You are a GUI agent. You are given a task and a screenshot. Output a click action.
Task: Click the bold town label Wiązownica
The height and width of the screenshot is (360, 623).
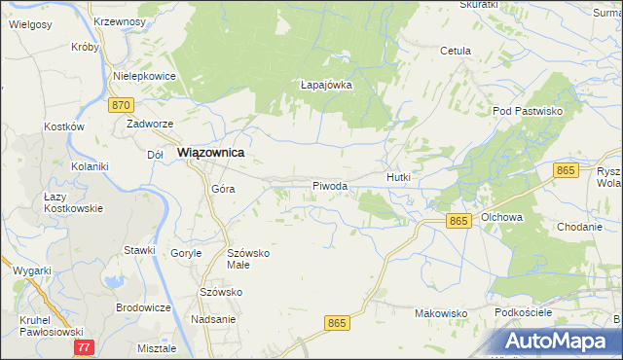pos(209,154)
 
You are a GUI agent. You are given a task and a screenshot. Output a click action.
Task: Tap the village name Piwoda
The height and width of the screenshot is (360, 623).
pos(329,186)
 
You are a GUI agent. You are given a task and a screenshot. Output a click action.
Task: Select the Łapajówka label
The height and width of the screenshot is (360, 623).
pos(325,85)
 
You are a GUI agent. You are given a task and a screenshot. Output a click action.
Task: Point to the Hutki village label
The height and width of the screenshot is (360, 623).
pos(399,178)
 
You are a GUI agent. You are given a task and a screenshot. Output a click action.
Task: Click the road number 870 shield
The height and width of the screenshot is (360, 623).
pos(121,105)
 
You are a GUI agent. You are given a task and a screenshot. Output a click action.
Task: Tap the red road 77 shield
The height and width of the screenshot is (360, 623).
pos(85,346)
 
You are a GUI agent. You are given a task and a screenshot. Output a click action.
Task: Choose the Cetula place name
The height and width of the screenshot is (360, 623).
pos(455,51)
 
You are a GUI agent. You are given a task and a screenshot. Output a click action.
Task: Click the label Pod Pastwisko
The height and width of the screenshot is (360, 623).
pos(529,112)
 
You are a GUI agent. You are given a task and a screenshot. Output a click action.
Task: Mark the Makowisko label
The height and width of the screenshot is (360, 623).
pos(441,313)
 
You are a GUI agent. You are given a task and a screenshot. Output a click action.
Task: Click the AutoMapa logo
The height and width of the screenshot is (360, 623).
pos(559,341)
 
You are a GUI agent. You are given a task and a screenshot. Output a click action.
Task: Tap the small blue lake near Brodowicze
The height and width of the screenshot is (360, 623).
pos(116,282)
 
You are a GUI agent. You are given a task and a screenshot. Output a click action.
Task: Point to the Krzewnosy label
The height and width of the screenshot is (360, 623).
pos(120,20)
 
